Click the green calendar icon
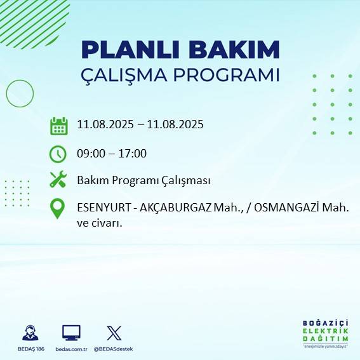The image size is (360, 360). (x=58, y=125)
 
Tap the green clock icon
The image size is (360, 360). (x=58, y=153)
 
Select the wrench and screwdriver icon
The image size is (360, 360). (x=58, y=180)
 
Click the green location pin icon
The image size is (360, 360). (x=58, y=209)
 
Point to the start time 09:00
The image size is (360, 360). (x=90, y=153)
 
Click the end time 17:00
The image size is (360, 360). (x=133, y=153)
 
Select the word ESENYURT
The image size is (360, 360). (x=101, y=208)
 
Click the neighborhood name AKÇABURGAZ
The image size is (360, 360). (x=171, y=208)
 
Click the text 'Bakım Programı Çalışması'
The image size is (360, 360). (x=143, y=180)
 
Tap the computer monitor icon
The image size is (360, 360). (x=71, y=333)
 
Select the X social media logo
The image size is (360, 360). (x=114, y=333)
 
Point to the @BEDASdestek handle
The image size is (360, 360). (x=114, y=349)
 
